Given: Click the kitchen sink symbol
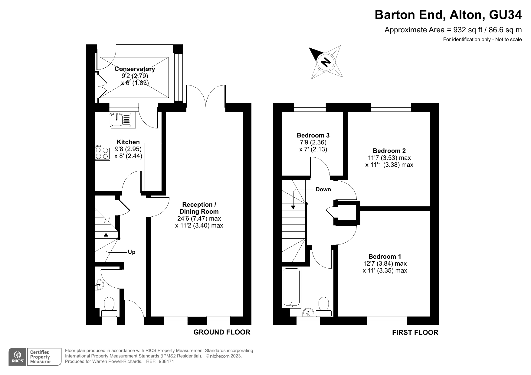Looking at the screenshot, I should pyautogui.click(x=120, y=119).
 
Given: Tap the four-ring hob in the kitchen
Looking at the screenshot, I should pyautogui.click(x=102, y=153).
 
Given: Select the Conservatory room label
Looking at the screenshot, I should pyautogui.click(x=135, y=69).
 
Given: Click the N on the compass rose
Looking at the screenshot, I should pyautogui.click(x=326, y=62).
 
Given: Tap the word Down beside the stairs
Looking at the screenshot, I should pyautogui.click(x=323, y=189).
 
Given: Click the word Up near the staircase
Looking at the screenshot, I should pyautogui.click(x=132, y=252).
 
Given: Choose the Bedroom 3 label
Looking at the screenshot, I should pyautogui.click(x=313, y=135).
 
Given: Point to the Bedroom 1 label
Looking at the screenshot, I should pyautogui.click(x=385, y=257).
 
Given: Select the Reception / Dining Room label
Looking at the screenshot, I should pyautogui.click(x=199, y=208).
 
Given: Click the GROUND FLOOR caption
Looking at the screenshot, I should pyautogui.click(x=222, y=332).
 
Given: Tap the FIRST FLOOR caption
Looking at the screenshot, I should pyautogui.click(x=415, y=333).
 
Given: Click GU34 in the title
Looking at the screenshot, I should pyautogui.click(x=505, y=15).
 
